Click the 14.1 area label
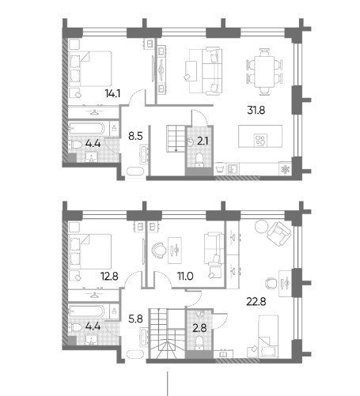(112, 93)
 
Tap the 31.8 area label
(256, 110)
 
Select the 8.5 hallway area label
(135, 136)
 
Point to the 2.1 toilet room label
(203, 141)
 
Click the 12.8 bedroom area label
(109, 276)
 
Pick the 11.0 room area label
(185, 276)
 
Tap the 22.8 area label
(256, 301)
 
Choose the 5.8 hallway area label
(135, 319)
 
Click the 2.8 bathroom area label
(199, 328)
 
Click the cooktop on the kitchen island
(260, 140)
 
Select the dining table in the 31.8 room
(264, 72)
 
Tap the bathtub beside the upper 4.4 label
(87, 129)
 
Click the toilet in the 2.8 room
(199, 341)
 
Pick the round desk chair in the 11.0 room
(158, 250)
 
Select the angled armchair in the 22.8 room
(279, 234)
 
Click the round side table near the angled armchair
(261, 226)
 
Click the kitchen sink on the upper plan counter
(233, 168)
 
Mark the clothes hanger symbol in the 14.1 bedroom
(94, 112)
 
